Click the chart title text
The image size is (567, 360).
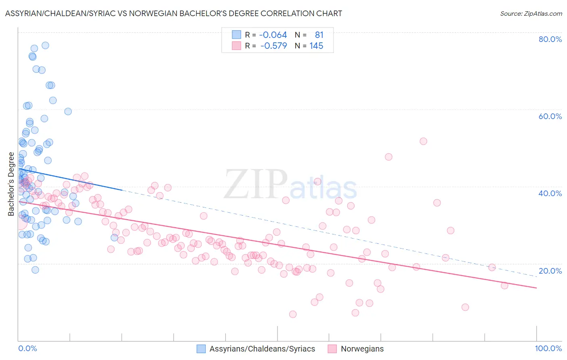(173, 13)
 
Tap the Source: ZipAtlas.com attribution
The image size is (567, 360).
(531, 13)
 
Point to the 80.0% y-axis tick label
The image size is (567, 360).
(550, 39)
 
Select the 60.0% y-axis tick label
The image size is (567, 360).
(550, 116)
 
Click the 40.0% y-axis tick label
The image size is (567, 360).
(550, 193)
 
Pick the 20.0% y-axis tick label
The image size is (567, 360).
(550, 271)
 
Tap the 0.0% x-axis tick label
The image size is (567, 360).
(27, 348)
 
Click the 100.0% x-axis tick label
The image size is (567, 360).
(548, 348)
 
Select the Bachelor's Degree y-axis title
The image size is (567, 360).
(11, 184)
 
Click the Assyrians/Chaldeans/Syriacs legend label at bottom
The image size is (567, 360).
(262, 349)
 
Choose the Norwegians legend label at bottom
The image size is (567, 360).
(362, 349)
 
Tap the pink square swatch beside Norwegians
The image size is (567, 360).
(332, 349)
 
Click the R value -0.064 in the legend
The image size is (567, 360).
(273, 35)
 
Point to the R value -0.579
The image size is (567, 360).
(273, 46)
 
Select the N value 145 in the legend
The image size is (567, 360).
(316, 46)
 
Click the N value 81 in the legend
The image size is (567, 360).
(319, 35)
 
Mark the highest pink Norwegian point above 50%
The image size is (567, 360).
(423, 141)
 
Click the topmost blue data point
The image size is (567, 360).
(46, 45)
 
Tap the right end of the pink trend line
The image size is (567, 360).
(536, 288)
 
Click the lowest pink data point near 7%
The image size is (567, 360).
(293, 314)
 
